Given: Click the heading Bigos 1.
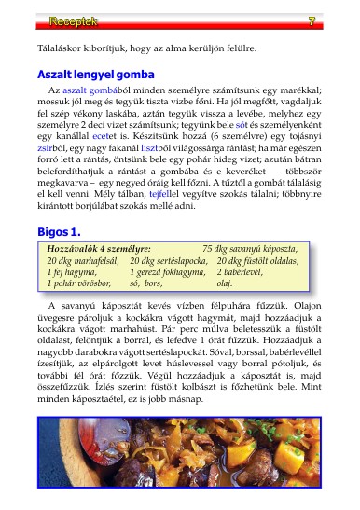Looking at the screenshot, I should [x=59, y=230].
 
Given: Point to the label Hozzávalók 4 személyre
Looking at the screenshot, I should [x=99, y=251].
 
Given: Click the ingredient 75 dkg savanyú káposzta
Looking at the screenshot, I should [x=250, y=251].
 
